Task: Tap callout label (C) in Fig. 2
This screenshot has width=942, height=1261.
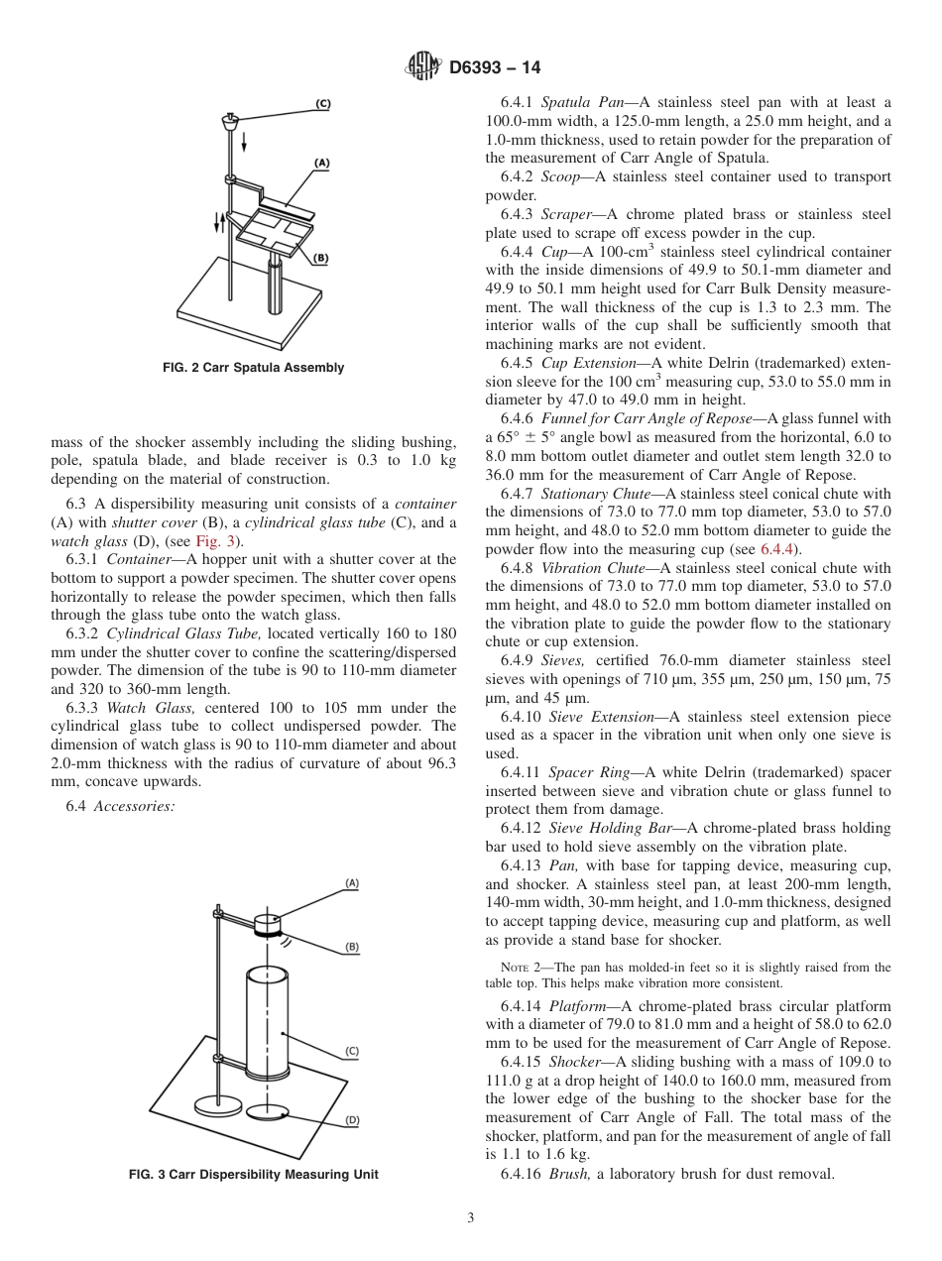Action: [323, 103]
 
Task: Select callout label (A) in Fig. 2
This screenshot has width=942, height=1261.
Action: [322, 162]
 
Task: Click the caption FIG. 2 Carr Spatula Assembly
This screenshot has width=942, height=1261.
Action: [254, 368]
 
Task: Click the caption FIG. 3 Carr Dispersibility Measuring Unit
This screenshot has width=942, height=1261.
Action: [254, 1175]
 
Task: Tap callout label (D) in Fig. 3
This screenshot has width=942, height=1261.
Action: [351, 1120]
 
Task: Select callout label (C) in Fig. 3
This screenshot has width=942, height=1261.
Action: [351, 1051]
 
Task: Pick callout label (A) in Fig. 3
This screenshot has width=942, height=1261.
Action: [351, 882]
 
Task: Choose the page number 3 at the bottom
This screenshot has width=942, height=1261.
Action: [471, 1218]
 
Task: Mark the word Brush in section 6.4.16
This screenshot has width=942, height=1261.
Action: [569, 1174]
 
